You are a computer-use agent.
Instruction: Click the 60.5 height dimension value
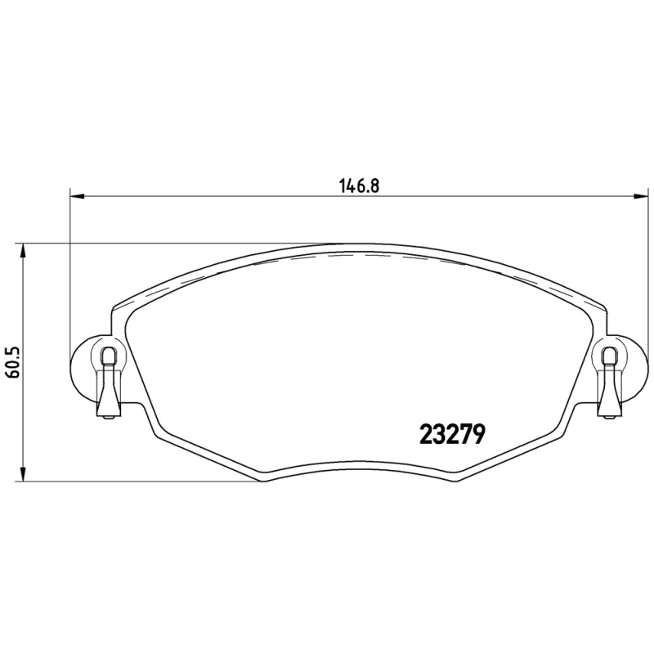pos(13,362)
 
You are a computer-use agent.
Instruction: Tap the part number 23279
pos(452,434)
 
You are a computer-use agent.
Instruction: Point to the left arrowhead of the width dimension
pos(77,195)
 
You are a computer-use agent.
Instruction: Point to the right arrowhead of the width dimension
pos(641,195)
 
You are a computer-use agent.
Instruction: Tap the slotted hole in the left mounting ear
pos(109,356)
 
